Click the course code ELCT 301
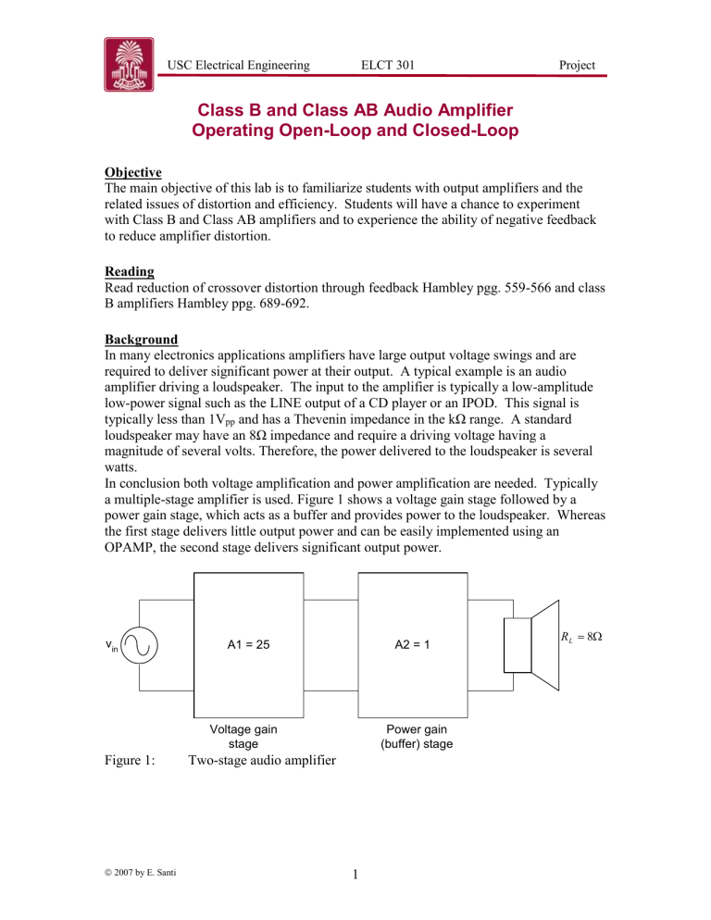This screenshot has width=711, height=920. [x=388, y=64]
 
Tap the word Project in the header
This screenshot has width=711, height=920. [x=570, y=64]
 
